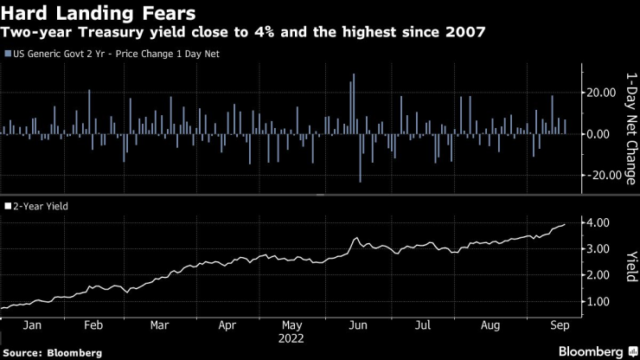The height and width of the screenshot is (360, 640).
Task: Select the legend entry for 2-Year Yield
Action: click(x=38, y=207)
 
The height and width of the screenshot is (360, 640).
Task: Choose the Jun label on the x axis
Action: click(x=357, y=325)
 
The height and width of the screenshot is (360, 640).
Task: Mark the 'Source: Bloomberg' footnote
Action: click(x=52, y=353)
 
